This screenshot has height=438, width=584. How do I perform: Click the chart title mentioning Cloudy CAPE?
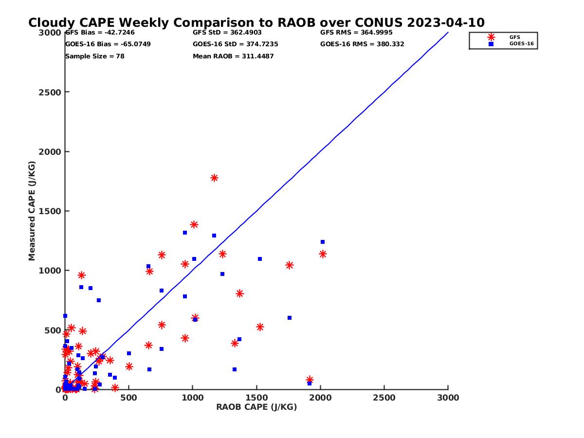256,23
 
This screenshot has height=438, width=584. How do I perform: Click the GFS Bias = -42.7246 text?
100,33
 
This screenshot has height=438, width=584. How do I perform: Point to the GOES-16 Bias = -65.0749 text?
108,44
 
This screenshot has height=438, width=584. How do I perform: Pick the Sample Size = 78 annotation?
94,56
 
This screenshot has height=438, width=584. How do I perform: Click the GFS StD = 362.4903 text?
227,33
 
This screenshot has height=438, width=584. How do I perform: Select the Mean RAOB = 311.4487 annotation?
233,56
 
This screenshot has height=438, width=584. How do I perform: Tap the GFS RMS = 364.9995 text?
356,33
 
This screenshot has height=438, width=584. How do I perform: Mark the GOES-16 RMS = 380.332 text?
362,44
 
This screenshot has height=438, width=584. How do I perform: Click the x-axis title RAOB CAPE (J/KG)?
256,407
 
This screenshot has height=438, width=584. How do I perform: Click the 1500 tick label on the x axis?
256,398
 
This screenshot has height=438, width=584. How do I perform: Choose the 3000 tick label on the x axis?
448,398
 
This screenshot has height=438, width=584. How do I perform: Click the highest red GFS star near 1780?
214,178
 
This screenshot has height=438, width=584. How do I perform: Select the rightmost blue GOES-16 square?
322,242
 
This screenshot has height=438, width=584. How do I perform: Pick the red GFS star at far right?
323,254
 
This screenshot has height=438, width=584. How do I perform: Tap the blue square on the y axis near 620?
65,316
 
